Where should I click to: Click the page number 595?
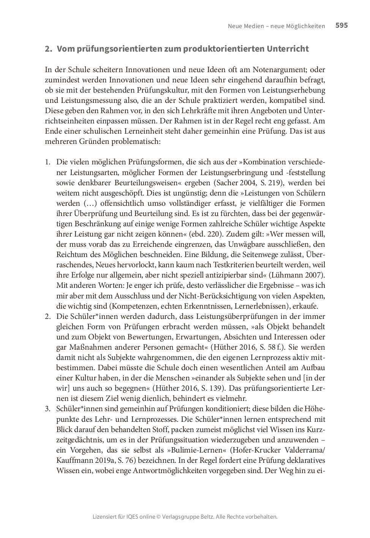(342, 25)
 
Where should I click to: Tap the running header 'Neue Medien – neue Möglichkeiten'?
(276, 26)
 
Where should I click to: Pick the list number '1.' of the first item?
(47, 162)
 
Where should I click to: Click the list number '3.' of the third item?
(47, 409)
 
